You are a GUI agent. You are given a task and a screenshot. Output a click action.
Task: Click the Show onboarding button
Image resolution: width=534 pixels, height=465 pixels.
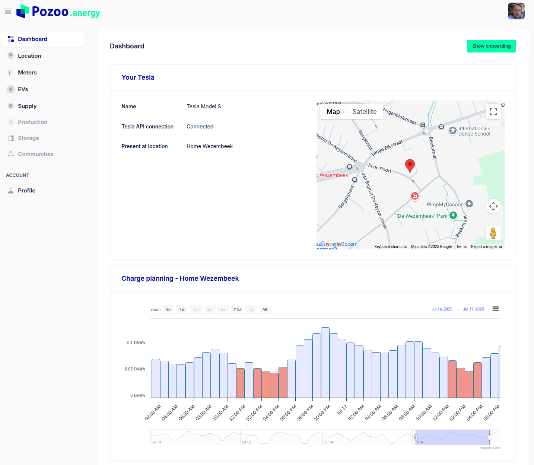point(491,46)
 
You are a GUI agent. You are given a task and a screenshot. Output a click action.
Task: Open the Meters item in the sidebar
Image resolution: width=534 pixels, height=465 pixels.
point(27,73)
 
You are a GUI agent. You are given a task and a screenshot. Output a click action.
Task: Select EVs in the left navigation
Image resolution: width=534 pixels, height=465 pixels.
point(23,89)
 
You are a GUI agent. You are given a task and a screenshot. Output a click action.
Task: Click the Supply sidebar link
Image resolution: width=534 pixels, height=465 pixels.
point(27,106)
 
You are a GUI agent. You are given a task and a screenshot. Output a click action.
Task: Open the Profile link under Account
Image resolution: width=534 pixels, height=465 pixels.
point(26,191)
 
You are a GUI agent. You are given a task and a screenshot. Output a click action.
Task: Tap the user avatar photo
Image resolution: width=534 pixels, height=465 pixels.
point(516,11)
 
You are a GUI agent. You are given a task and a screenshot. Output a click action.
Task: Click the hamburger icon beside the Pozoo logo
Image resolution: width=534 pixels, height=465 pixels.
point(8,12)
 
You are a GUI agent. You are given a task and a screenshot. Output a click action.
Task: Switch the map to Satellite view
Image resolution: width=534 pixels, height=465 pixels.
point(364,112)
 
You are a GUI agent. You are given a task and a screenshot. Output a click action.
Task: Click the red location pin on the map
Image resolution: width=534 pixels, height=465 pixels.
point(410,165)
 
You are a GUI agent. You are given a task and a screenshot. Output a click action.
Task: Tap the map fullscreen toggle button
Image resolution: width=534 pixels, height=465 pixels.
point(493,112)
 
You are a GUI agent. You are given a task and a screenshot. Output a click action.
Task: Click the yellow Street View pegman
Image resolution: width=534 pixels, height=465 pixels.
point(493,233)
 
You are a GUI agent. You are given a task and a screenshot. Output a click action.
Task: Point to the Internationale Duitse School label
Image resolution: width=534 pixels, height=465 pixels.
point(474,131)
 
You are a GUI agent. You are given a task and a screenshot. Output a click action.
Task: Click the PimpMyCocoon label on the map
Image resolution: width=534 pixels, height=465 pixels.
point(445,204)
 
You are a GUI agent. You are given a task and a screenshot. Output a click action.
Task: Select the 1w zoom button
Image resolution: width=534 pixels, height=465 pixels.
point(182,309)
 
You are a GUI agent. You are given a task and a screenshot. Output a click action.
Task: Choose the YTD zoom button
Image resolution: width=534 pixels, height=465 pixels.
point(237,309)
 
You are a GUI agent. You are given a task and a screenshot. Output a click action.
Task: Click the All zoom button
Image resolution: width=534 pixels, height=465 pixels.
point(264,309)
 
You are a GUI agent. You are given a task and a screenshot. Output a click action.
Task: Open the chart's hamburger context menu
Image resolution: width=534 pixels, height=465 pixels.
point(495,309)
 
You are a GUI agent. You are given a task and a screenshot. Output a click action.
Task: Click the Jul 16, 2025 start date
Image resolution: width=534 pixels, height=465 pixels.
point(442,309)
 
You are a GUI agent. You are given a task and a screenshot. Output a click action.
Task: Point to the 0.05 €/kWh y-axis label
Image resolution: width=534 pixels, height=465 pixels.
point(135,369)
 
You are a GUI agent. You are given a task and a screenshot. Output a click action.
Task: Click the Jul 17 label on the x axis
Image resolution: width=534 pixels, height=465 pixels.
point(341,410)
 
